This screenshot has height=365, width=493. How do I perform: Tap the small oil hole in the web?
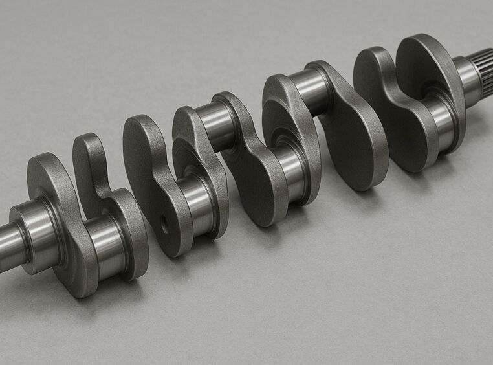tap(164, 225)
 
